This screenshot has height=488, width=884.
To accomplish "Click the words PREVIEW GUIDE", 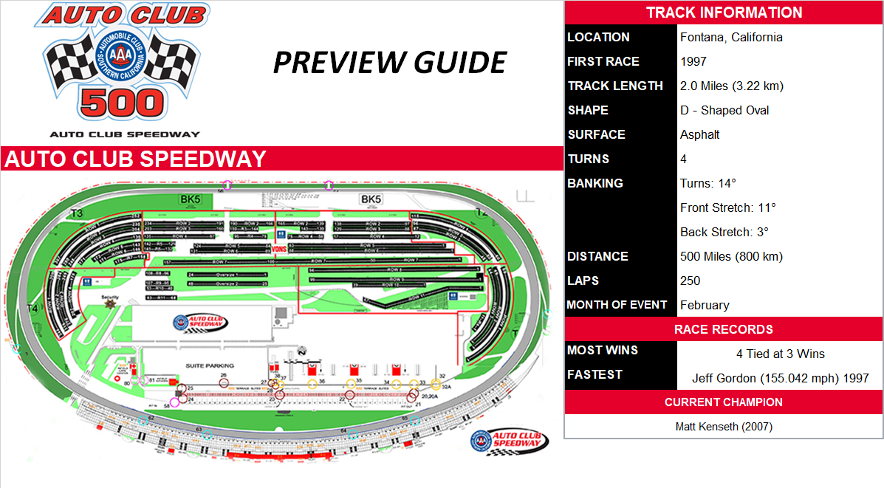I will click(x=389, y=63).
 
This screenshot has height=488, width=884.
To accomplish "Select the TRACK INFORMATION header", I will click(x=724, y=13).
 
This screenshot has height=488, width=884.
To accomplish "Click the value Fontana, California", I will click(x=730, y=37).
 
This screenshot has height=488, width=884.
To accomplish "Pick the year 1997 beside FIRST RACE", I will click(x=693, y=61).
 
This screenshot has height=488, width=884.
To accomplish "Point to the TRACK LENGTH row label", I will click(x=615, y=86).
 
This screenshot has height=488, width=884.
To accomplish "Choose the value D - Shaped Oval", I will click(x=724, y=110).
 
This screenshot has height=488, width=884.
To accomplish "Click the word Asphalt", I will click(x=699, y=134).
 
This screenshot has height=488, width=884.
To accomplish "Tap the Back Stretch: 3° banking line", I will click(x=724, y=232).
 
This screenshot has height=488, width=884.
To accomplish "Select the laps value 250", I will click(x=691, y=281).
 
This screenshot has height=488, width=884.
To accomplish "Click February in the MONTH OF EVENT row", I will click(x=705, y=305).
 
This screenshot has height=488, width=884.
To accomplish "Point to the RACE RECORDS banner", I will click(x=724, y=329).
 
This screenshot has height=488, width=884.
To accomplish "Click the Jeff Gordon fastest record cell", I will click(x=780, y=378).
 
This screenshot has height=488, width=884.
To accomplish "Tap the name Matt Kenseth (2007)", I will click(x=724, y=427).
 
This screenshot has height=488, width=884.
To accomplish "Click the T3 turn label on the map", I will click(x=76, y=213).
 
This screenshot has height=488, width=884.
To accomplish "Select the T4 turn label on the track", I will click(x=32, y=308).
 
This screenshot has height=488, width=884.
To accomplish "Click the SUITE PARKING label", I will click(x=210, y=365).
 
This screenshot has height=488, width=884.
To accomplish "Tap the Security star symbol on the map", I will click(x=110, y=303).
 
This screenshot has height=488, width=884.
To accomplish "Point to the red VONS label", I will click(x=279, y=250).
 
